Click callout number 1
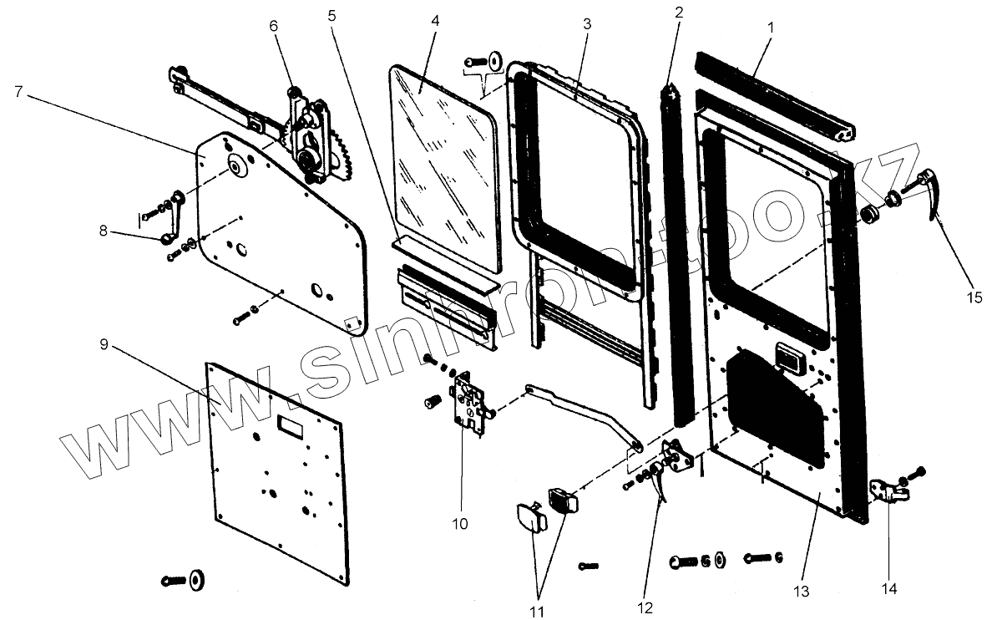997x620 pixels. [770, 28]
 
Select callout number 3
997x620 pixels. [587, 24]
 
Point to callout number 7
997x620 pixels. [18, 91]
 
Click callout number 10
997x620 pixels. [459, 524]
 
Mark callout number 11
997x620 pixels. [537, 612]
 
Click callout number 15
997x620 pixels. [975, 296]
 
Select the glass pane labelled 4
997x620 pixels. [443, 167]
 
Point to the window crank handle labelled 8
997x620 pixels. [173, 219]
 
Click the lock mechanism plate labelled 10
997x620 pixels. [469, 404]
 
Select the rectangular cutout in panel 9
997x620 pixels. [292, 426]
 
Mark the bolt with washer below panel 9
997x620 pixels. [188, 580]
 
